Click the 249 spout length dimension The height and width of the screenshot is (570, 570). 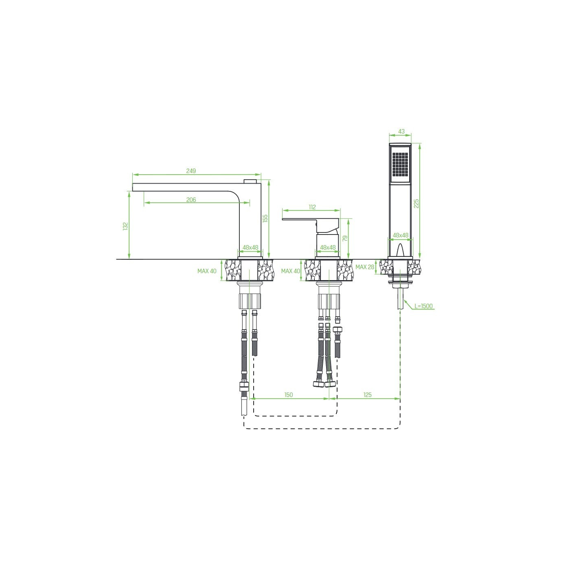click(191, 171)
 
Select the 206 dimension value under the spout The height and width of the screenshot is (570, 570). click(191, 199)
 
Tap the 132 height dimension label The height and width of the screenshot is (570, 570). click(126, 226)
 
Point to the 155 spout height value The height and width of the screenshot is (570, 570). click(265, 218)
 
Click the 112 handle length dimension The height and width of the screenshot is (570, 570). click(312, 207)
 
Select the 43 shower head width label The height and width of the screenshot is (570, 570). click(401, 132)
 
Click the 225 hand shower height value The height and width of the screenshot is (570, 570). click(416, 204)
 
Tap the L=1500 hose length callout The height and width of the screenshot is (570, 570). click(423, 306)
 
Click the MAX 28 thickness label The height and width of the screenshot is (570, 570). click(365, 267)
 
